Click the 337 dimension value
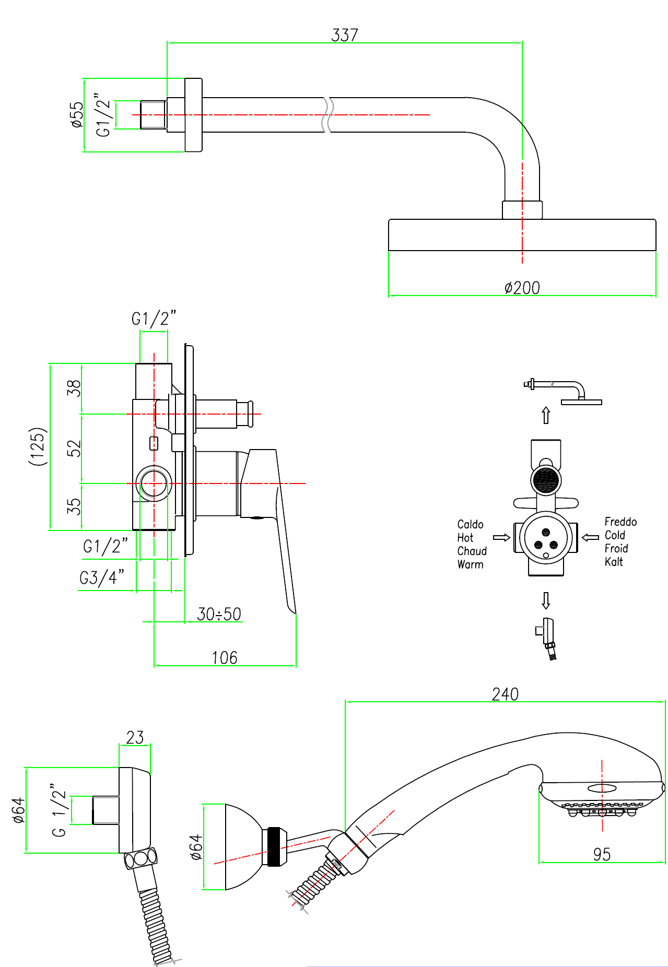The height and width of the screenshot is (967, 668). tap(345, 35)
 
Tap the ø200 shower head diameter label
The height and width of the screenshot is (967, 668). tap(522, 288)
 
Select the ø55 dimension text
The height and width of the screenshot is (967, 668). tap(77, 115)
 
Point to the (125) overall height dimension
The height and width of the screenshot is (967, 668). tap(39, 446)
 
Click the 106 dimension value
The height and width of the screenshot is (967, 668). tap(225, 657)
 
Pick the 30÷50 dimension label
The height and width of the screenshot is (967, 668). tap(219, 614)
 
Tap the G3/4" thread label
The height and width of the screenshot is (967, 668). tap(102, 577)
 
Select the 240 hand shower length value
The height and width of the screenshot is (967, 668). tap(505, 694)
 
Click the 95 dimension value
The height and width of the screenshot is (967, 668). tap(602, 854)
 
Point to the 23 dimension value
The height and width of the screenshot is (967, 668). tap(135, 737)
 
